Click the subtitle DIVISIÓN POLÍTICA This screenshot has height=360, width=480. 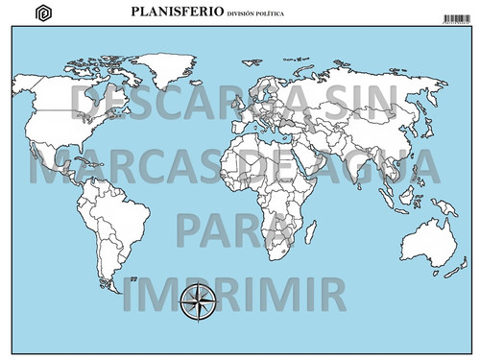tap(255, 15)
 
